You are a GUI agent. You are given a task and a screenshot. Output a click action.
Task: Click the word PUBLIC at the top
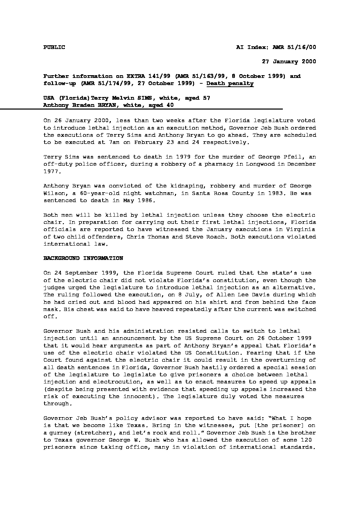(x=54, y=47)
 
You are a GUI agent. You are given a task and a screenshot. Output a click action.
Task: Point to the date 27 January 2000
(x=289, y=62)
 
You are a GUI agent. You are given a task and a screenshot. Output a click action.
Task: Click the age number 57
(x=206, y=98)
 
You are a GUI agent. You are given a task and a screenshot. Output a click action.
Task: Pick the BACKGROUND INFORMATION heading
(x=83, y=258)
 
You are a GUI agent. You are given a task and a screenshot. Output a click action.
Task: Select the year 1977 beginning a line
(x=52, y=171)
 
